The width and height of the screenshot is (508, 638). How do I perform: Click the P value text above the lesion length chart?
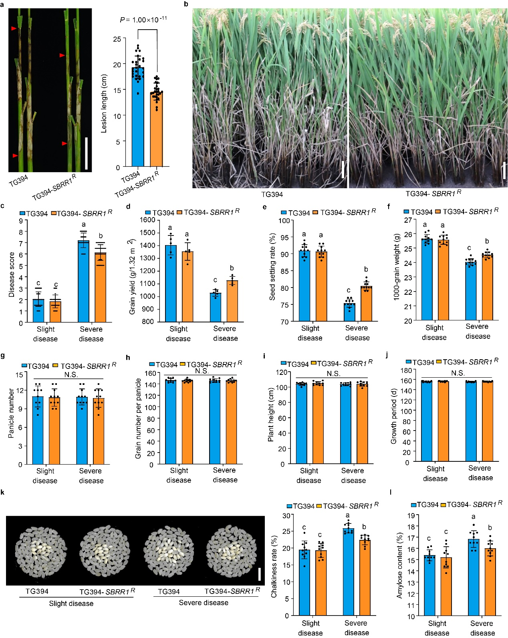[x=143, y=20]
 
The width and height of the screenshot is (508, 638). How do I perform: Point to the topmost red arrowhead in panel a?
[x=14, y=28]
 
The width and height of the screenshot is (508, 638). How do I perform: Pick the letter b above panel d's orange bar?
[x=232, y=268]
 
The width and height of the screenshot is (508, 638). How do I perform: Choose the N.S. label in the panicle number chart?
[x=71, y=375]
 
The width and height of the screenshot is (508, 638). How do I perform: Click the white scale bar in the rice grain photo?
[x=259, y=574]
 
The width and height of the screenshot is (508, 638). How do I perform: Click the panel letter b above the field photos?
[x=185, y=4]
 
